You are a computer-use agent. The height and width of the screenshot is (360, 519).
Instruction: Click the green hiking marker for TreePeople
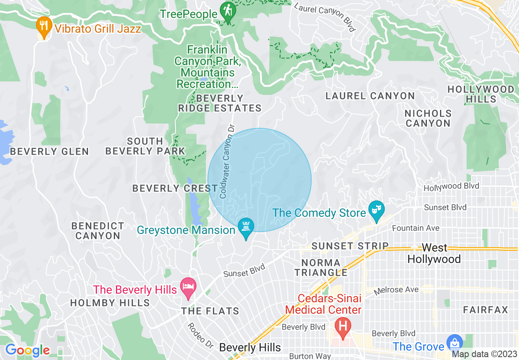(x=226, y=11)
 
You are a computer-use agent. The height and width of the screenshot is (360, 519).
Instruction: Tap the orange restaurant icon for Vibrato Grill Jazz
(x=43, y=26)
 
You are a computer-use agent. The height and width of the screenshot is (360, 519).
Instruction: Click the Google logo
(x=27, y=351)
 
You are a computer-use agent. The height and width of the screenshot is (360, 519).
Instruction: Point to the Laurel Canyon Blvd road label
(x=324, y=16)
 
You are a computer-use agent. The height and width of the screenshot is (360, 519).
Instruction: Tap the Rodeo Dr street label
(x=201, y=335)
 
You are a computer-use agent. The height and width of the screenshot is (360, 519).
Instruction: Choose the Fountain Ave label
(x=416, y=228)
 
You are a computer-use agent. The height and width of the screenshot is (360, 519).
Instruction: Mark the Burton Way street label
(x=310, y=356)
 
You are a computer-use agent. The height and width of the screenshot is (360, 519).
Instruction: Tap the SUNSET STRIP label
(x=350, y=246)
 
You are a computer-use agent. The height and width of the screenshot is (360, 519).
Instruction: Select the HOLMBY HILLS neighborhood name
(x=110, y=303)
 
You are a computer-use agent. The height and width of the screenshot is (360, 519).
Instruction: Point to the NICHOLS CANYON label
(x=428, y=118)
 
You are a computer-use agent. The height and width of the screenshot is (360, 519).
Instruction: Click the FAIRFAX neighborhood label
(x=485, y=310)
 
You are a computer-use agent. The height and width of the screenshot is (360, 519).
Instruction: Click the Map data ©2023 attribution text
(x=484, y=354)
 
